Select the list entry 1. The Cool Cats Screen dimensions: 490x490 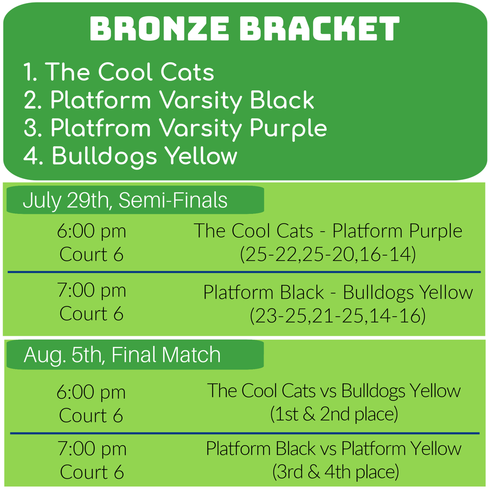pos(119,72)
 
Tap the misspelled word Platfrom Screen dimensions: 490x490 pos(100,128)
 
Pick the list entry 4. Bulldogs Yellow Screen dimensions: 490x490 pos(130,156)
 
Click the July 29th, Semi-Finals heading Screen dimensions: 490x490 pos(125,200)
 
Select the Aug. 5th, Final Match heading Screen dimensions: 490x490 pos(122,355)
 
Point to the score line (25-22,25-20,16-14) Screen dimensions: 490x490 pos(328,254)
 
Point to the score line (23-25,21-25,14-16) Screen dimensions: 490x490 pos(338,315)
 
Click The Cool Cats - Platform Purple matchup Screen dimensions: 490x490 pos(328,231)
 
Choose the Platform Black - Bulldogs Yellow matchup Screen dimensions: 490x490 pos(338,292)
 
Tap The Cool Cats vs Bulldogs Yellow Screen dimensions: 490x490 pos(334,390)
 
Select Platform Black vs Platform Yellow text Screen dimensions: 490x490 pos(334,448)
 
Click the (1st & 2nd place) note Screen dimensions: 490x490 pos(334,414)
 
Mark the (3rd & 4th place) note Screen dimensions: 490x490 pos(335,471)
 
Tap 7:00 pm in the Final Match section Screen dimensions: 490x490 pos(92,449)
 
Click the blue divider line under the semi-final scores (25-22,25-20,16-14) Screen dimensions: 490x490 pos(244,272)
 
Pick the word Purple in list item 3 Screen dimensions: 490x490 pos(289,129)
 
